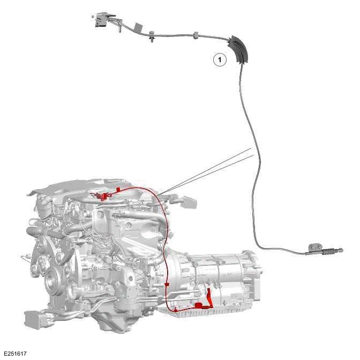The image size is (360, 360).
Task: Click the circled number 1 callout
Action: point(220,60)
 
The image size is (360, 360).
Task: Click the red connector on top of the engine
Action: point(102,194)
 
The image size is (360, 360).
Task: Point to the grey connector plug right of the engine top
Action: point(189,202)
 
